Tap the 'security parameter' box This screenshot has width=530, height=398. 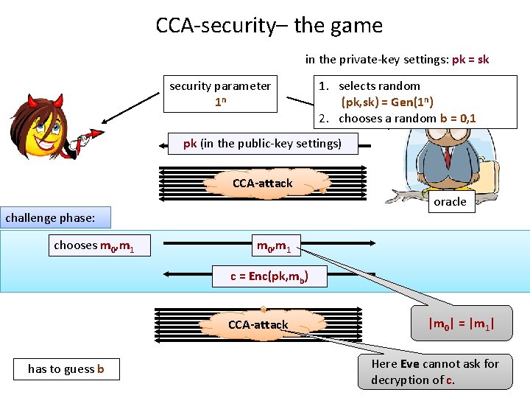coord(220,94)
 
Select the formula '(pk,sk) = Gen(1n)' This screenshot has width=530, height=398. coord(387,102)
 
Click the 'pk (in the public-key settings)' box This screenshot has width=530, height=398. coord(263,144)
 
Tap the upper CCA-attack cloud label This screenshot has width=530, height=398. coord(263,183)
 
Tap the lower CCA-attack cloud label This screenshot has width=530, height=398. coord(258,324)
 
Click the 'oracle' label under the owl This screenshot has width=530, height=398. coord(450,202)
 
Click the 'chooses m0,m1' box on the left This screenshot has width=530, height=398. coord(93,245)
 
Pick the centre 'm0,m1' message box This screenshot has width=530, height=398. coord(273,245)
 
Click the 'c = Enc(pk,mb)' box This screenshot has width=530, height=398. coord(269,276)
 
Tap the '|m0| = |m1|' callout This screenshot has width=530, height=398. coord(461,324)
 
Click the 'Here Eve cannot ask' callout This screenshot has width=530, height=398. coord(435,371)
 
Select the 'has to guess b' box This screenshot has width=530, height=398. coord(66,369)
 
